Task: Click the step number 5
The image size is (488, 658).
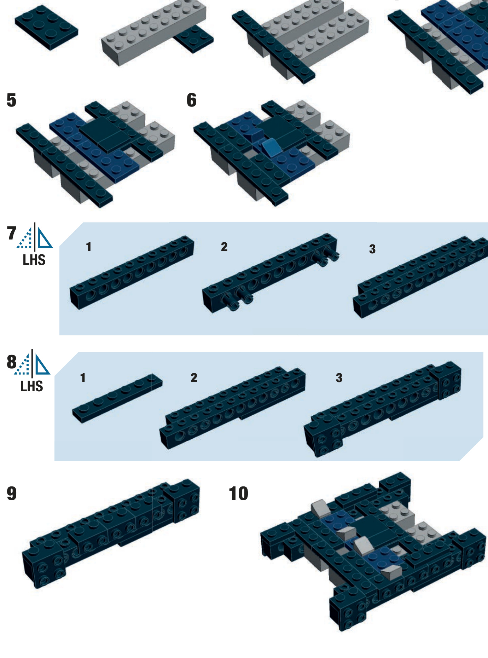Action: pyautogui.click(x=11, y=100)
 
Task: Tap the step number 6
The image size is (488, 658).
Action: pyautogui.click(x=192, y=100)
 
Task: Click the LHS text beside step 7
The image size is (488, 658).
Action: pyautogui.click(x=34, y=260)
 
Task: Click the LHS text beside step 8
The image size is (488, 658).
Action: pyautogui.click(x=31, y=386)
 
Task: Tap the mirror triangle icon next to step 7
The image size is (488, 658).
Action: pyautogui.click(x=35, y=236)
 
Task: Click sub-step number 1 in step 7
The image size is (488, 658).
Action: pyautogui.click(x=89, y=247)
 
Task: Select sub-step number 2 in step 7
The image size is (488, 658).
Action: pyautogui.click(x=224, y=247)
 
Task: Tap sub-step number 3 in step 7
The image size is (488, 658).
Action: pyautogui.click(x=372, y=249)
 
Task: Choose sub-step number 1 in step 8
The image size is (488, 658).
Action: pyautogui.click(x=83, y=378)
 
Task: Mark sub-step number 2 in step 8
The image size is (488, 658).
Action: pyautogui.click(x=194, y=378)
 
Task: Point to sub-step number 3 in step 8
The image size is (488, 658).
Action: pyautogui.click(x=339, y=378)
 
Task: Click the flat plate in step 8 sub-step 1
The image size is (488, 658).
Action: pyautogui.click(x=117, y=398)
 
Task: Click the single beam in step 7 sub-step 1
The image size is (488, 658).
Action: pyautogui.click(x=132, y=272)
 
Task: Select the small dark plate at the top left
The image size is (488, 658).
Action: pyautogui.click(x=46, y=27)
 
